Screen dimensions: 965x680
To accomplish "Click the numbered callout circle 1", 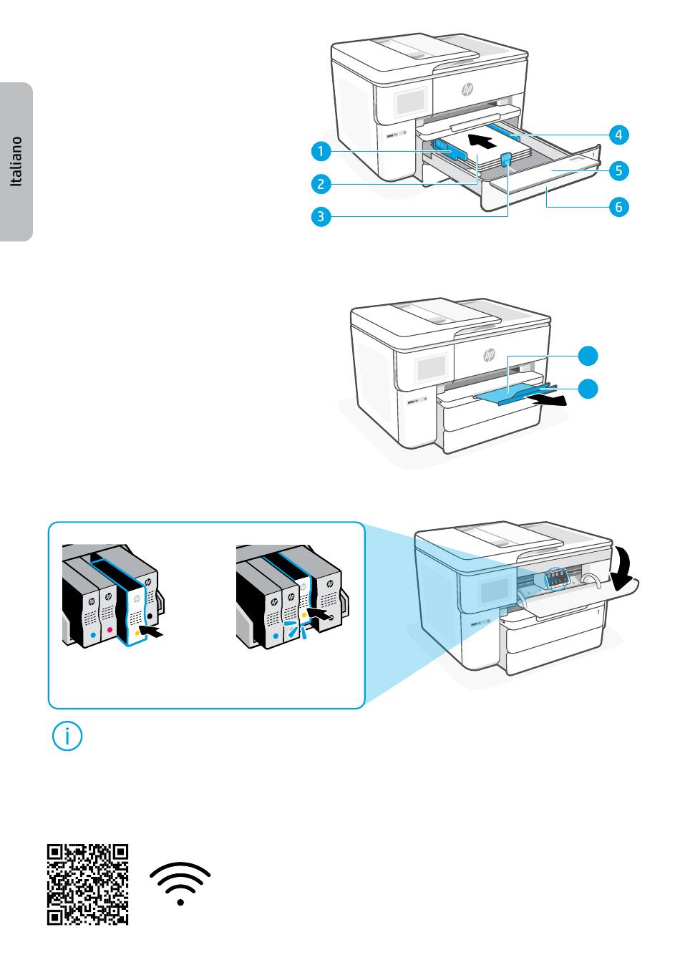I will pos(322,151).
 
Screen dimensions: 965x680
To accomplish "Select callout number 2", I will pos(322,184).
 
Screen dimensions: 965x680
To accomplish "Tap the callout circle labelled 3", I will pos(322,215).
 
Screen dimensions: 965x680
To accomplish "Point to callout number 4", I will pos(619,134).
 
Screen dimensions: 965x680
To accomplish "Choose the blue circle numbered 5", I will pos(619,170).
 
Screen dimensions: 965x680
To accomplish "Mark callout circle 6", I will pos(619,207).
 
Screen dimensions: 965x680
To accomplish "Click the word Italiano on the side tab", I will pos(16,161).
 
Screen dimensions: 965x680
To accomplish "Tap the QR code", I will pos(88,883).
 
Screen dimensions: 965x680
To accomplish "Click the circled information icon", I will pos(68,737).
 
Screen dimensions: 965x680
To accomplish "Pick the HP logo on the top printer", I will pos(468,89).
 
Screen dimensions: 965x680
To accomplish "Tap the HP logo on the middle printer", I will pos(490,354).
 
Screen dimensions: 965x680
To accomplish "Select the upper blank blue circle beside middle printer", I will pos(588,355).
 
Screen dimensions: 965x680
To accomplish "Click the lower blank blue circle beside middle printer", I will pos(588,388).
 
